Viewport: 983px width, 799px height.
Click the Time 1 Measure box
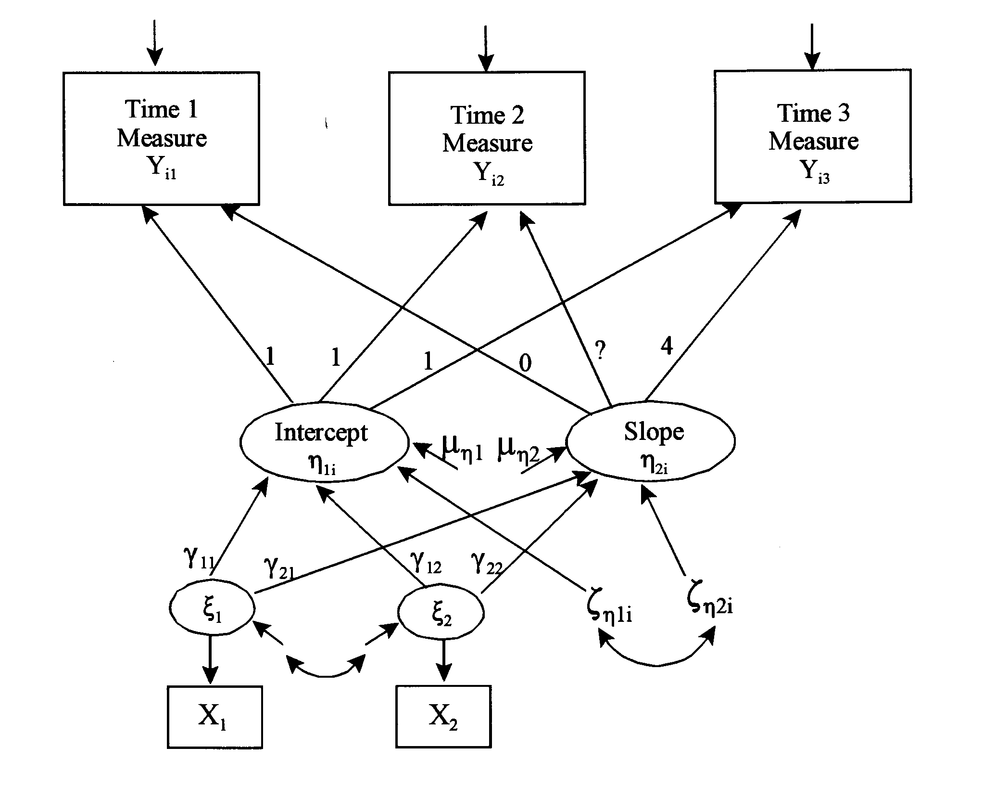coord(162,139)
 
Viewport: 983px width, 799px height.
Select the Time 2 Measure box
coord(487,139)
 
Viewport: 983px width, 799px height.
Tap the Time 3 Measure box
coord(813,137)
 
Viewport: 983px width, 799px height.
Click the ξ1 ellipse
coord(212,609)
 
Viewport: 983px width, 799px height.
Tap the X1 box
coord(215,717)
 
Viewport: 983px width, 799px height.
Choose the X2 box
coord(443,717)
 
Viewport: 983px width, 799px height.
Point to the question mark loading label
coord(600,351)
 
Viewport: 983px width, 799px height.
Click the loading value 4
coord(667,346)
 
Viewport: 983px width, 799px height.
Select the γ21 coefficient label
coord(278,568)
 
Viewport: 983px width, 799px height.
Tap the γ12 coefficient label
coord(426,562)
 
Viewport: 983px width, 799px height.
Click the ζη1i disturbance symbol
coord(609,609)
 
